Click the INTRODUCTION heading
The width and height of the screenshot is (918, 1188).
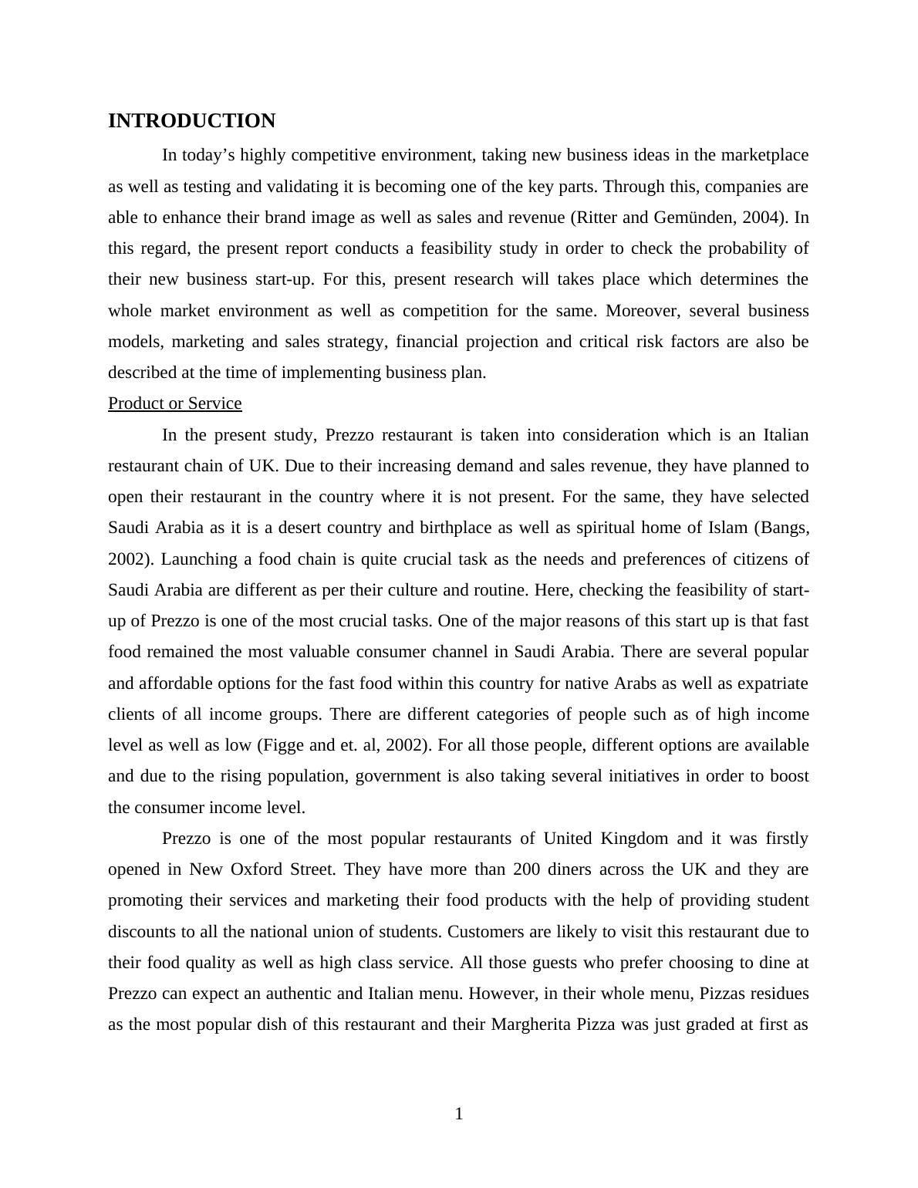(x=191, y=121)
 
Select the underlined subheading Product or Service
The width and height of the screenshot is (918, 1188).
(x=174, y=403)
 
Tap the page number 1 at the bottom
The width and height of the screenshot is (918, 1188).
(x=459, y=1114)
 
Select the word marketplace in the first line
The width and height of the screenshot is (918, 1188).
(x=764, y=155)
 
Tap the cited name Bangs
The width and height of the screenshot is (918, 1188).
(x=782, y=528)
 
